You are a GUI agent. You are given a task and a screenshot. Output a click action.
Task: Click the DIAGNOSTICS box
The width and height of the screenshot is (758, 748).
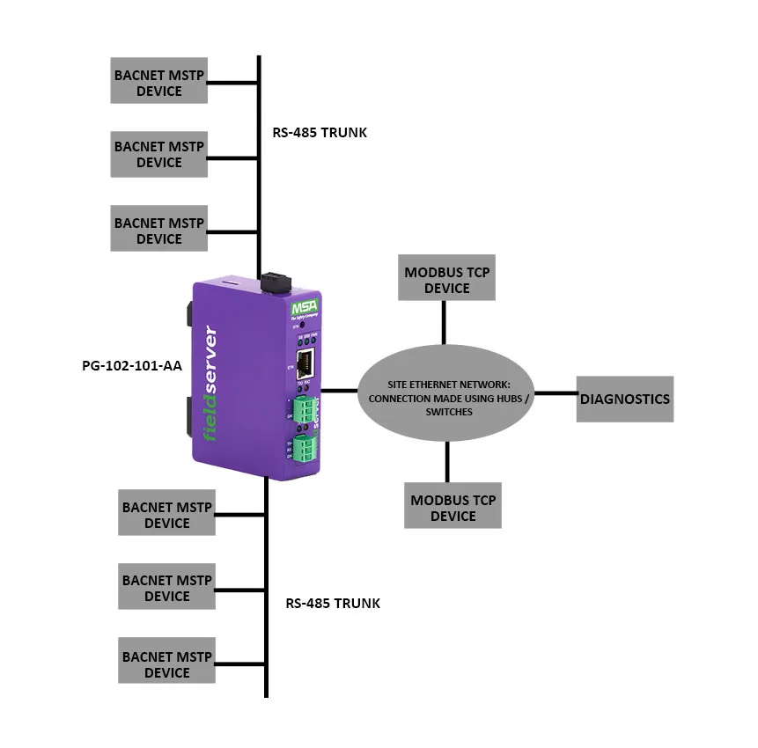625,399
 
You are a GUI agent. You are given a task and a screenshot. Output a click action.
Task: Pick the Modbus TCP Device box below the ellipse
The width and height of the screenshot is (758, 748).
453,508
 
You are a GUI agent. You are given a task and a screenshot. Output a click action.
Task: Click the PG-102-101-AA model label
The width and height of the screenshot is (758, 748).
131,365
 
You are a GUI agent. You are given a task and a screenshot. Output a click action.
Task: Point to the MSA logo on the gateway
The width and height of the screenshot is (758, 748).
305,310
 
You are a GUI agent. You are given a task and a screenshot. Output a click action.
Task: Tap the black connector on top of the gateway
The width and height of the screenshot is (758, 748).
275,282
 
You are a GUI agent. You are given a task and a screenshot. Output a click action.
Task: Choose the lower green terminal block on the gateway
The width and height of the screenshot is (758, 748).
305,449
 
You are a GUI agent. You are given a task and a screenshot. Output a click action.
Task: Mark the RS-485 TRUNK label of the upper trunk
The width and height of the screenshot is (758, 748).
320,133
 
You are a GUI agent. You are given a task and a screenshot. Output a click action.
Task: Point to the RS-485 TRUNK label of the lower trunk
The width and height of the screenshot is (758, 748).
333,604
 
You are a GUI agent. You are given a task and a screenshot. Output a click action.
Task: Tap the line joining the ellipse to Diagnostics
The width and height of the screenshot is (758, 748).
556,393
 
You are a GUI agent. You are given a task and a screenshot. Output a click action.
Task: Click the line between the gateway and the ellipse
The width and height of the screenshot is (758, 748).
338,389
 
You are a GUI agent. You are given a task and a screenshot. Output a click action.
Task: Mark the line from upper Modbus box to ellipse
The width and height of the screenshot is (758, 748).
445,322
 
